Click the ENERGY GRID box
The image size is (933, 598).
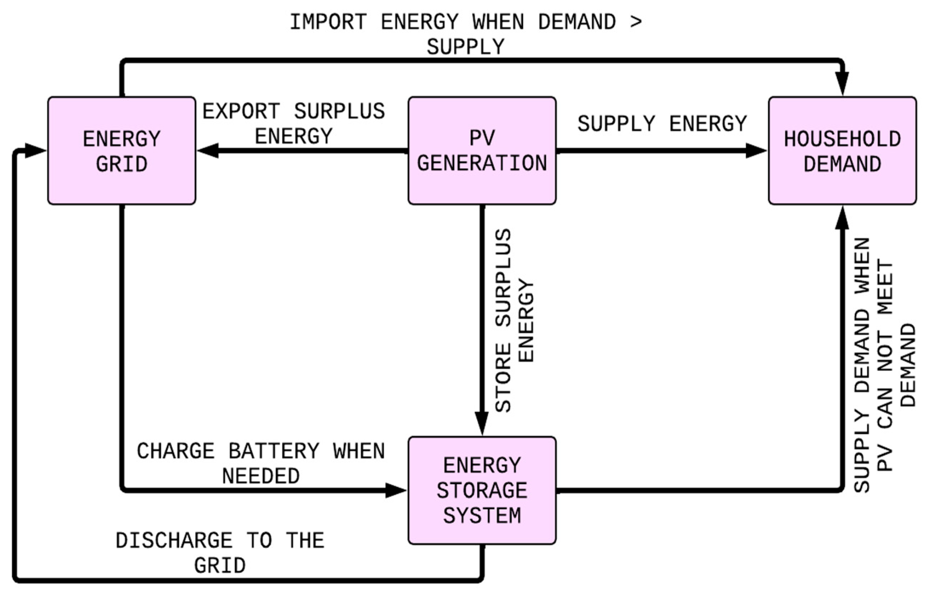click(121, 151)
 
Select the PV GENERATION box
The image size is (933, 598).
click(482, 151)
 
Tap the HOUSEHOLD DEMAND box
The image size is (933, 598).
click(842, 151)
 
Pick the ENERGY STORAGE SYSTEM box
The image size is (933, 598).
click(482, 490)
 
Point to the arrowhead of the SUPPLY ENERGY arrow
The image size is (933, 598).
click(756, 151)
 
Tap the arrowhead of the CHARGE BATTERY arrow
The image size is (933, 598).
click(396, 491)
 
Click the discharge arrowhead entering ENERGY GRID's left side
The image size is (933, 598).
click(35, 151)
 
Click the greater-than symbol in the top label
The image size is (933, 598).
click(636, 21)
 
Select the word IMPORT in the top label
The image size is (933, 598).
click(328, 22)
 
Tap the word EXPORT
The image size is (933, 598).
click(241, 111)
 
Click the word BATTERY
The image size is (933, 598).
click(273, 451)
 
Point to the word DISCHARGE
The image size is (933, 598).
click(174, 541)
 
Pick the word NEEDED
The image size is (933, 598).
click(260, 476)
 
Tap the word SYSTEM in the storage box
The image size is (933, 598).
click(482, 516)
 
